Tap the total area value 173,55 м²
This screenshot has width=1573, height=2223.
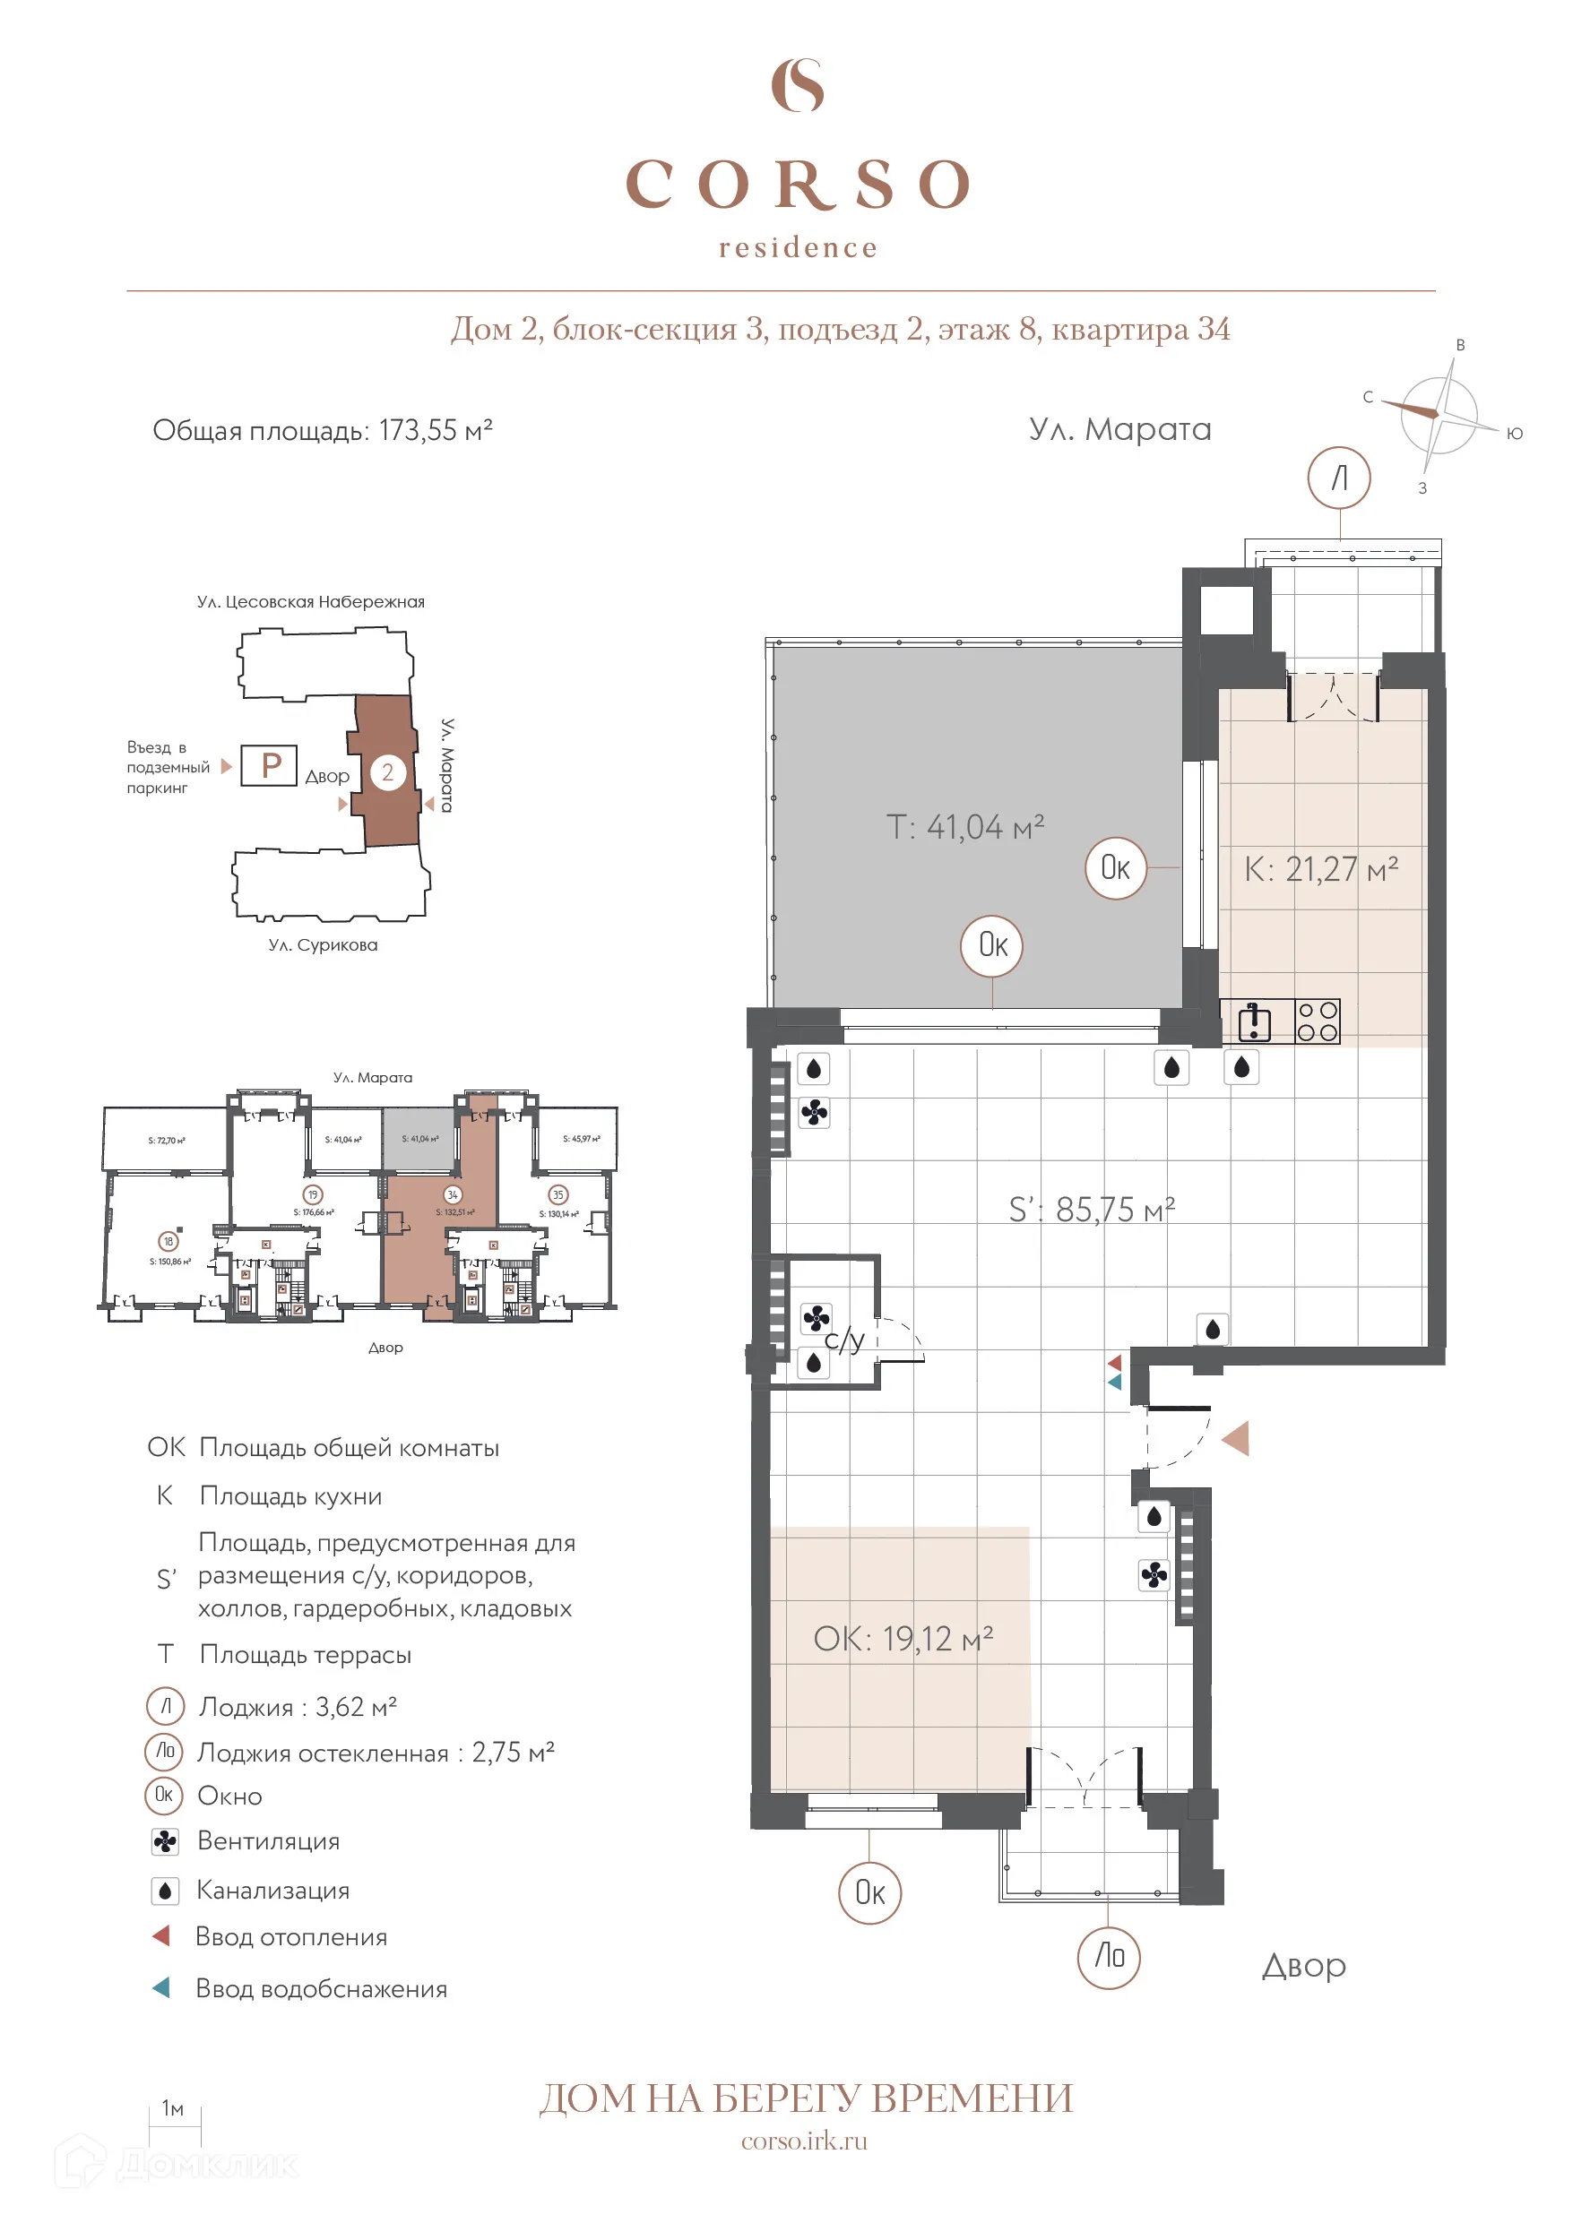point(435,430)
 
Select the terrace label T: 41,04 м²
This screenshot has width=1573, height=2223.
point(964,827)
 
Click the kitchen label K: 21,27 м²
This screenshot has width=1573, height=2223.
point(1320,868)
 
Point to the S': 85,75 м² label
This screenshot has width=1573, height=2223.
point(1092,1210)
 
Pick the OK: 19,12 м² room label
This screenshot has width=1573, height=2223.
point(903,1638)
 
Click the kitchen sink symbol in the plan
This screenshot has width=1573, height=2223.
point(1253,1021)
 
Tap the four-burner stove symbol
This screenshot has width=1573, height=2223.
point(1318,1021)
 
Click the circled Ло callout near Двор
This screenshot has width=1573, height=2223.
point(1109,1957)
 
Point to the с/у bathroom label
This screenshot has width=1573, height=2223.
point(843,1340)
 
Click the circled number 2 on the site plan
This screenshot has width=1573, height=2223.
point(387,771)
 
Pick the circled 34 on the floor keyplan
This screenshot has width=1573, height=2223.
point(453,1194)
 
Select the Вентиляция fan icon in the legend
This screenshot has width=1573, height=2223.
point(166,1840)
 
